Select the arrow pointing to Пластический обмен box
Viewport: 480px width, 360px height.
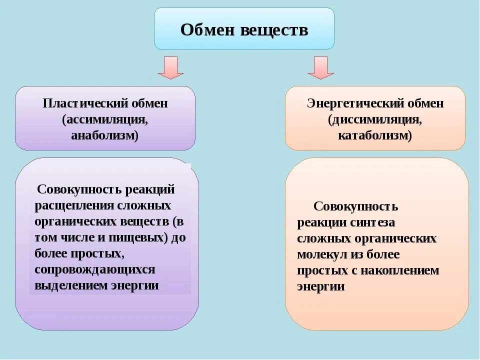click(x=170, y=67)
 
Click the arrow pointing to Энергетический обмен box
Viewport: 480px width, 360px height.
click(x=320, y=67)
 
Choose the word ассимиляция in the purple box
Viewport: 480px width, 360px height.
click(x=106, y=120)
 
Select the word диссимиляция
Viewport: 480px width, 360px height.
click(x=375, y=120)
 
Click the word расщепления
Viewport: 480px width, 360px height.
click(x=74, y=206)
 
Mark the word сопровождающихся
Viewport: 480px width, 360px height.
click(x=95, y=269)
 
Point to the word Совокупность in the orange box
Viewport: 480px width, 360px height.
click(x=355, y=206)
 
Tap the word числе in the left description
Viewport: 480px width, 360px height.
click(x=76, y=237)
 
